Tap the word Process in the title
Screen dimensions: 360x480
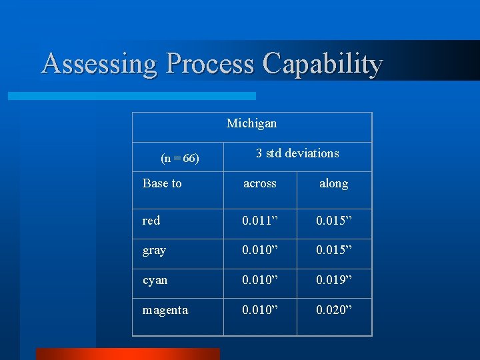pyautogui.click(x=210, y=64)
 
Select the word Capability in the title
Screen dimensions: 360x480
pyautogui.click(x=323, y=64)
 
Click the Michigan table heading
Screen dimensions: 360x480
pyautogui.click(x=251, y=123)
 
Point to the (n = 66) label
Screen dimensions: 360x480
pyautogui.click(x=180, y=159)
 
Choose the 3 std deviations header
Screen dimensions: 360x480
pyautogui.click(x=297, y=153)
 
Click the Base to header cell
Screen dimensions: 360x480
pyautogui.click(x=162, y=183)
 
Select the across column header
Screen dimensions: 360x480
pyautogui.click(x=259, y=183)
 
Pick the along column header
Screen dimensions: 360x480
pyautogui.click(x=333, y=183)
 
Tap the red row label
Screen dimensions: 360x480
pyautogui.click(x=151, y=221)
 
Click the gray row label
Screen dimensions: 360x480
pyautogui.click(x=154, y=251)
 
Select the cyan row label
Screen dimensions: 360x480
pyautogui.click(x=155, y=280)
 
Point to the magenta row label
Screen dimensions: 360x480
pyautogui.click(x=165, y=310)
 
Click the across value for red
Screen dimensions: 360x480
pyautogui.click(x=260, y=221)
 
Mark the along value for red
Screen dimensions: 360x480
pyautogui.click(x=334, y=221)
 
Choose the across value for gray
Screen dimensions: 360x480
pyautogui.click(x=260, y=251)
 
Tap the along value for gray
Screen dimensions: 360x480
pyautogui.click(x=334, y=251)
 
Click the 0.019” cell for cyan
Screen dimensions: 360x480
pyautogui.click(x=334, y=280)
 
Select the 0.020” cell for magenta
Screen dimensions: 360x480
pyautogui.click(x=334, y=310)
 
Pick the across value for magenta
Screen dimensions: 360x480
pyautogui.click(x=260, y=310)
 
